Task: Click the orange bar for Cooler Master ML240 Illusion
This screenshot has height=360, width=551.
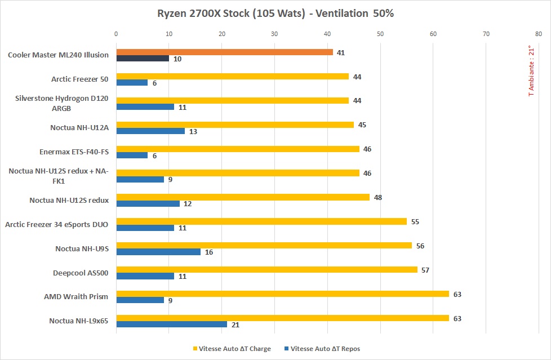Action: click(x=224, y=52)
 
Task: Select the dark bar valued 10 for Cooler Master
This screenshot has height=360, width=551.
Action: click(x=143, y=58)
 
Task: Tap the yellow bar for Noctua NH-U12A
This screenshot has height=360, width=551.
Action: click(x=235, y=125)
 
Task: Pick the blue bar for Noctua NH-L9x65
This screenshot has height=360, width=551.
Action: click(x=171, y=324)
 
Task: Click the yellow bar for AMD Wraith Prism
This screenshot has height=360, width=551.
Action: click(x=282, y=294)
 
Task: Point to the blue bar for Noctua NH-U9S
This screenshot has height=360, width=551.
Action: click(x=158, y=252)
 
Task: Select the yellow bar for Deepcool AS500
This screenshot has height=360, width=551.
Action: click(x=266, y=270)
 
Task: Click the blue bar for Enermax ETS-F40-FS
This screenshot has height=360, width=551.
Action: click(x=132, y=155)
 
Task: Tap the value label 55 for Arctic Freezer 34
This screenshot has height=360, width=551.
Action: click(x=415, y=221)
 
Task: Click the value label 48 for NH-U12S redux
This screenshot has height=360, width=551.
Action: click(x=378, y=197)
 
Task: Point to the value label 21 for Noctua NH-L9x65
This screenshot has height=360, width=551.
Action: click(x=235, y=325)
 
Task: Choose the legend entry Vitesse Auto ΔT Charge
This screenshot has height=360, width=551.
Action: click(x=232, y=349)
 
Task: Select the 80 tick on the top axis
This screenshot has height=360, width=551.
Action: click(x=539, y=34)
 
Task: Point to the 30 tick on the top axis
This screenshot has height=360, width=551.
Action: click(x=274, y=34)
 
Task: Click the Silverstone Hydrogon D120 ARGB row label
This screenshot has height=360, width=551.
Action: click(x=62, y=103)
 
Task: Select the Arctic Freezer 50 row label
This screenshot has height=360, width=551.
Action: click(x=79, y=79)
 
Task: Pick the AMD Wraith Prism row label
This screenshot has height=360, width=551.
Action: click(x=76, y=296)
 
